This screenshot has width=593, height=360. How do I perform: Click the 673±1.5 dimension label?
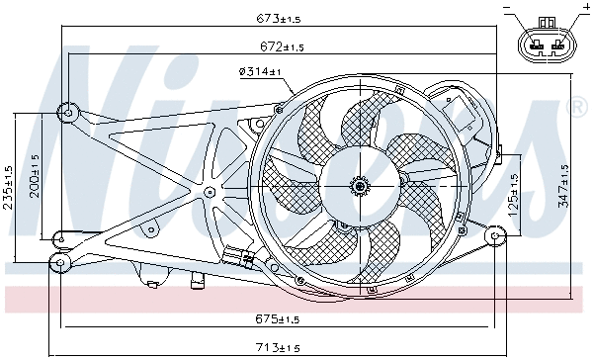(280, 19)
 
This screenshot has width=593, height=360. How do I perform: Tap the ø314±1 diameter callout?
(260, 71)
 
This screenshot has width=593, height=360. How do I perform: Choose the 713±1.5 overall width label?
(280, 347)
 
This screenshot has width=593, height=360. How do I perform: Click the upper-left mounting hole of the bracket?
(67, 112)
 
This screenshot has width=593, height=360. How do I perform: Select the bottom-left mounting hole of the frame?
(59, 263)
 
